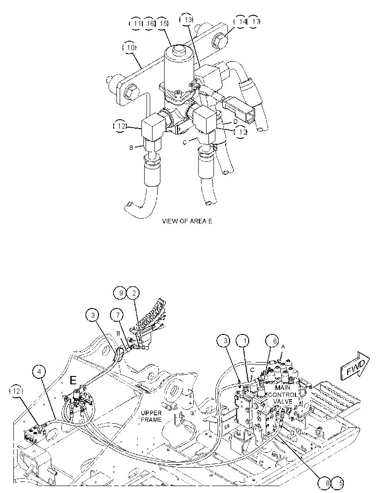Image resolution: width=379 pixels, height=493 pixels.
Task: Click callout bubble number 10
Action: [x=129, y=48]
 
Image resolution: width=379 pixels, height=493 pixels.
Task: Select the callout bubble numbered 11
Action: [x=136, y=23]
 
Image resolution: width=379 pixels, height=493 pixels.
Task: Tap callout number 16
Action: [x=149, y=23]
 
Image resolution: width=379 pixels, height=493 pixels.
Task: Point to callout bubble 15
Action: [x=163, y=23]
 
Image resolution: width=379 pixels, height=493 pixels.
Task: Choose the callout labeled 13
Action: [x=186, y=20]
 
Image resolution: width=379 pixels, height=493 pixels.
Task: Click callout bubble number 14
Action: [x=241, y=21]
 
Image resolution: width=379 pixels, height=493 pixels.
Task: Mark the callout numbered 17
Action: [x=254, y=21]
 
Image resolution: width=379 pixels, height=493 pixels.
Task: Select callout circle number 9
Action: [x=120, y=293]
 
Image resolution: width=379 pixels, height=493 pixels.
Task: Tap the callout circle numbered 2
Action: [x=133, y=293]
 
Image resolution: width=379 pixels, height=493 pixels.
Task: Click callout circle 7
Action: [x=117, y=315]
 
